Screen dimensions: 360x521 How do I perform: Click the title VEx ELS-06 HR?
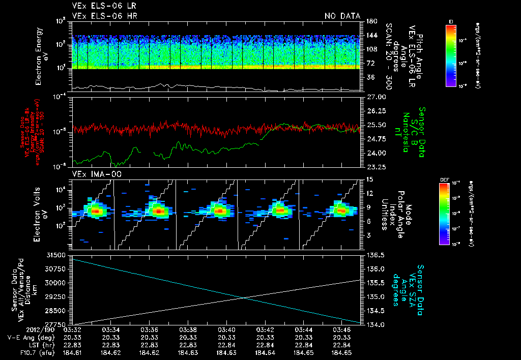(x=104, y=16)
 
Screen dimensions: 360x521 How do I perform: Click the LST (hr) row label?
(x=41, y=344)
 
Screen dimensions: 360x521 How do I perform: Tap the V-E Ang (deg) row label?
(x=32, y=337)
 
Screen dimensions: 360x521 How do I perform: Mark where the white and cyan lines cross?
(x=244, y=297)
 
